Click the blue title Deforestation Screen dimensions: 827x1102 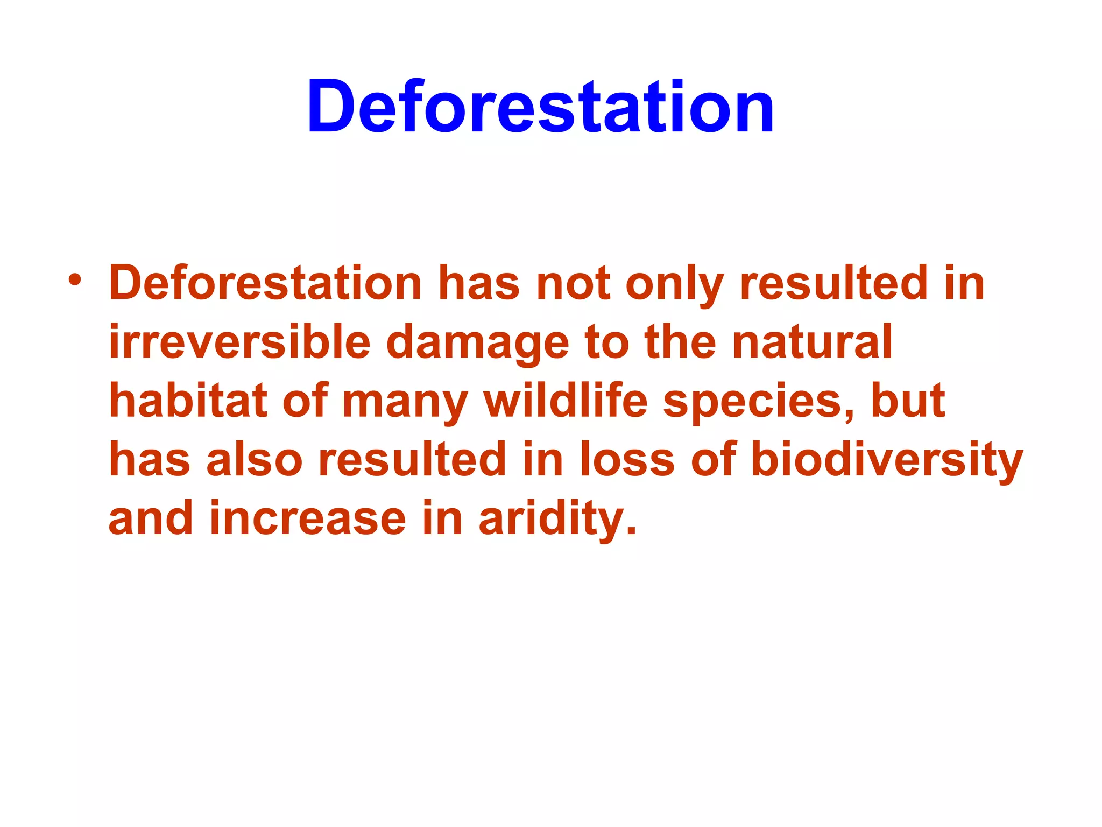[540, 107]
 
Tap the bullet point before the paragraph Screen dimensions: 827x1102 [75, 281]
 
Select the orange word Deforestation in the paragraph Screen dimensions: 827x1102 [265, 284]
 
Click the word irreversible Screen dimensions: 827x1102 [239, 342]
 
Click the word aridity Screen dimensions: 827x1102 [557, 520]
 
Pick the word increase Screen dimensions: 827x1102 [307, 520]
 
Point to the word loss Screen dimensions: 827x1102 [627, 460]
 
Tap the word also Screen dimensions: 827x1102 [255, 460]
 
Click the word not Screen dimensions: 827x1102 [573, 284]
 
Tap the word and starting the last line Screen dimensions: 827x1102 [151, 518]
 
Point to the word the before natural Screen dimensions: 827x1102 [680, 342]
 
